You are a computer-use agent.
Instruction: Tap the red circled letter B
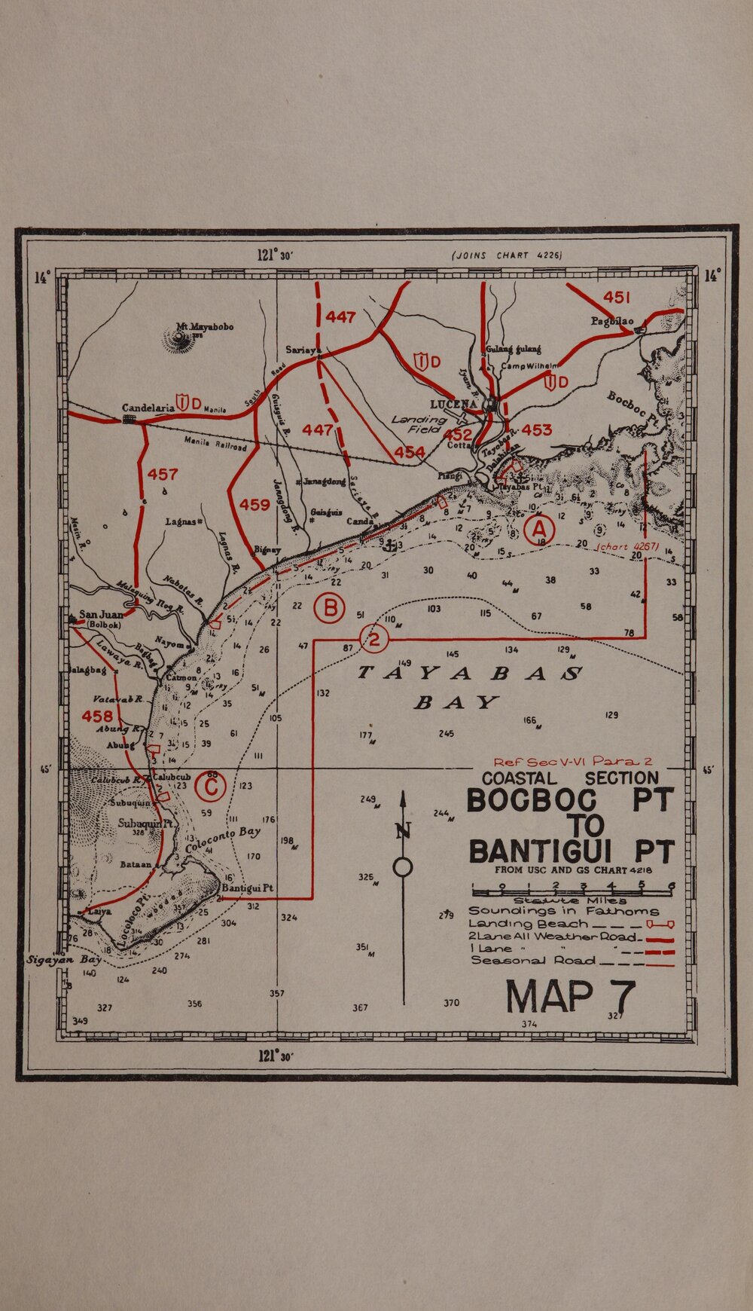(329, 608)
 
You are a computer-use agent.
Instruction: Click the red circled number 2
(373, 640)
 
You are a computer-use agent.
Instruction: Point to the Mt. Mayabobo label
(205, 327)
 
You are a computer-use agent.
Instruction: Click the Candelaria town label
(148, 408)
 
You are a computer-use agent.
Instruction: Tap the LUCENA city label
(453, 405)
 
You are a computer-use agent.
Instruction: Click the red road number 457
(163, 475)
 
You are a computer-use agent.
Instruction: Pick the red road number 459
(255, 505)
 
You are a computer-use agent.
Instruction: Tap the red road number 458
(97, 715)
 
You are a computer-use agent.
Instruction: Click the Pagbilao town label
(611, 321)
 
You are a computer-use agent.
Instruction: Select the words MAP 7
(570, 997)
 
